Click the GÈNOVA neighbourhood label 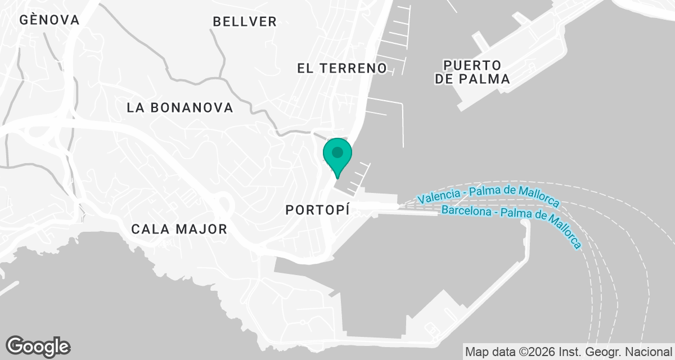(49, 20)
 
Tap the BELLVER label (245, 22)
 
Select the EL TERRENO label (342, 69)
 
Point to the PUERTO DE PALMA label (472, 71)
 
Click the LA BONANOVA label (180, 108)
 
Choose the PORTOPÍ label (318, 210)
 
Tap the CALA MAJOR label (179, 229)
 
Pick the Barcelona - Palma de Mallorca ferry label (511, 220)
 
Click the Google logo (38, 346)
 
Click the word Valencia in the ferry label (438, 197)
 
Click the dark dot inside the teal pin (337, 152)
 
